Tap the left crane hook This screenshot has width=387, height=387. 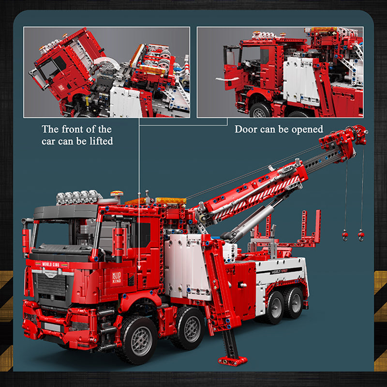pos(345,236)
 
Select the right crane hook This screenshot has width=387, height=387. pos(360,236)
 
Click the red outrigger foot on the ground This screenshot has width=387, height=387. pos(232,360)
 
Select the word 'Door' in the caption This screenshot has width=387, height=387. pos(246,130)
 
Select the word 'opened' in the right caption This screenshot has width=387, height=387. pos(307,130)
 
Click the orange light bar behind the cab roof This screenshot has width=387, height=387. pos(171,200)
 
